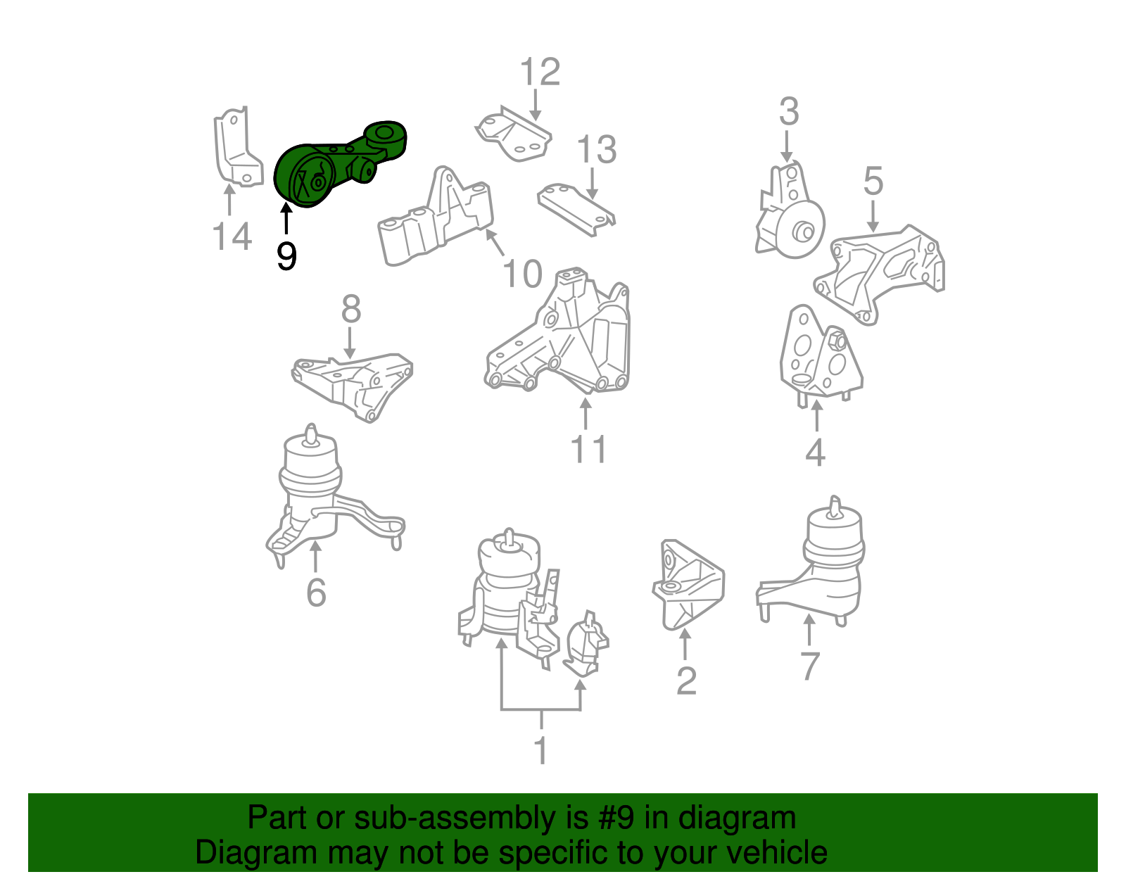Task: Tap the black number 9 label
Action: pyautogui.click(x=286, y=256)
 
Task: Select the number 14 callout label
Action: pyautogui.click(x=232, y=237)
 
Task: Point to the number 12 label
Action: pyautogui.click(x=540, y=72)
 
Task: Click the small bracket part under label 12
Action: pyautogui.click(x=514, y=137)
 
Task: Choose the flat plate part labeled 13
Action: pyautogui.click(x=576, y=208)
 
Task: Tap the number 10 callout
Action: pyautogui.click(x=522, y=274)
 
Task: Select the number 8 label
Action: pyautogui.click(x=351, y=309)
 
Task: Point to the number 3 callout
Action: pyautogui.click(x=789, y=112)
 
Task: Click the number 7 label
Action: pyautogui.click(x=810, y=666)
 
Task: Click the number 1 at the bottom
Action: pyautogui.click(x=540, y=751)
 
